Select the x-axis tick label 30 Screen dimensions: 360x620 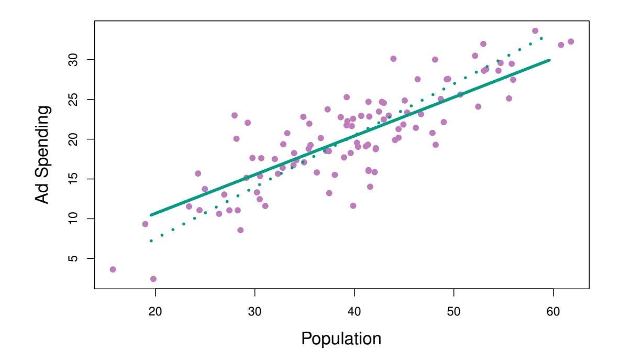click(x=255, y=311)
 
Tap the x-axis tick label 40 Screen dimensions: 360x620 click(x=355, y=311)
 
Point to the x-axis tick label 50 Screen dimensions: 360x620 click(x=454, y=311)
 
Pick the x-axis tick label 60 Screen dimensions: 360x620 click(x=553, y=311)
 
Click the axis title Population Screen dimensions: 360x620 click(x=341, y=339)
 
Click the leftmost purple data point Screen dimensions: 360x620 click(x=113, y=269)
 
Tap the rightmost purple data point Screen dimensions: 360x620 click(x=571, y=41)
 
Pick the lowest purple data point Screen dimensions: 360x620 click(x=153, y=279)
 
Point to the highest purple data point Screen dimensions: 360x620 click(x=535, y=31)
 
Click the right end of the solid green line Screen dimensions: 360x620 click(x=549, y=60)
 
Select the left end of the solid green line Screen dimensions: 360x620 click(x=151, y=215)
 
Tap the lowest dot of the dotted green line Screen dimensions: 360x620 click(x=151, y=241)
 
